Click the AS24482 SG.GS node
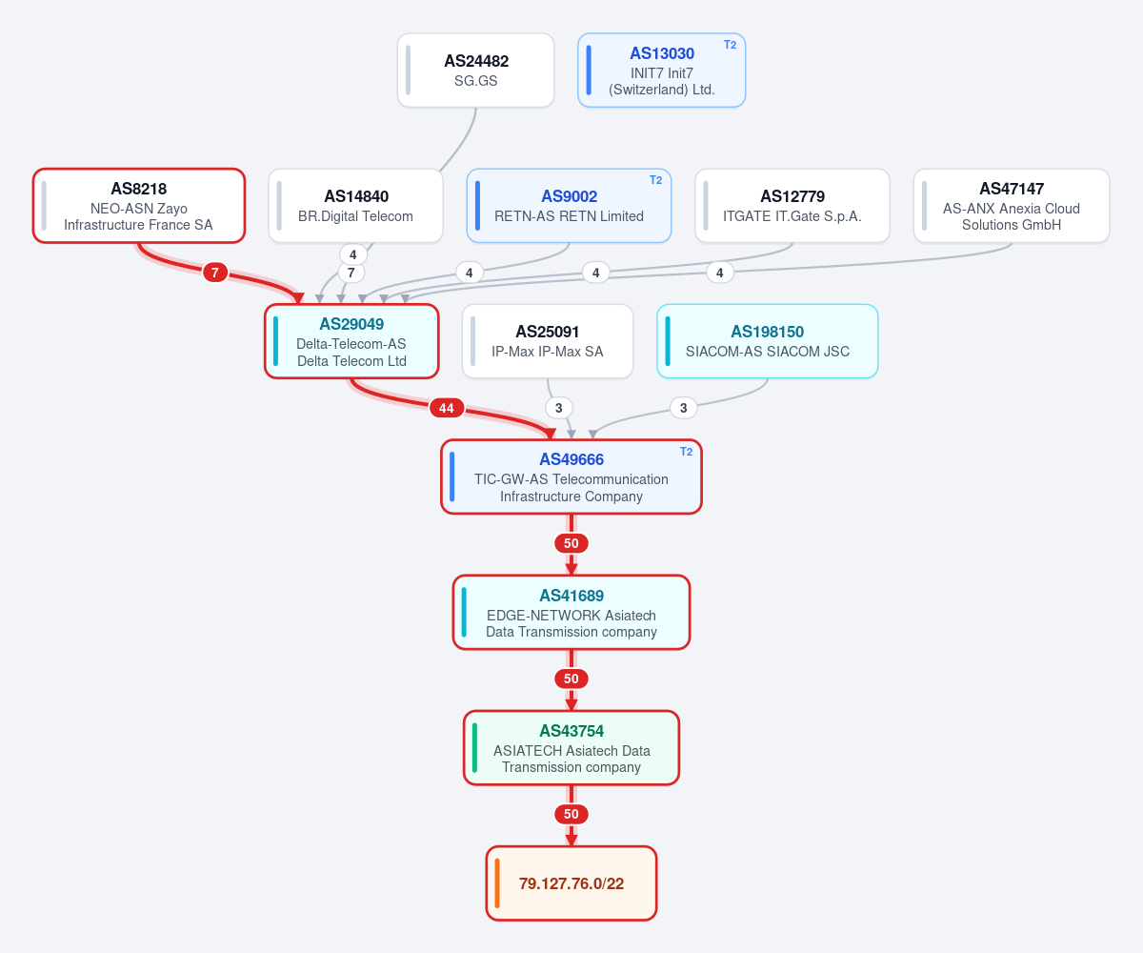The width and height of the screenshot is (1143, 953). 475,71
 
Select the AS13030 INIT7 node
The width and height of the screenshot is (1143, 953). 661,71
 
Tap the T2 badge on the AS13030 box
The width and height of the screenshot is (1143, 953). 730,45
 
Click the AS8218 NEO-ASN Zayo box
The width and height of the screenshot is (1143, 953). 138,206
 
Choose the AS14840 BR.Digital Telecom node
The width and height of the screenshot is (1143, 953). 356,206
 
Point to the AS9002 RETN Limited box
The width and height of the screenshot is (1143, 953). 569,206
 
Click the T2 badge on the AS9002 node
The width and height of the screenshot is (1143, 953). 656,180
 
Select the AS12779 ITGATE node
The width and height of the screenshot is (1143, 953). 792,206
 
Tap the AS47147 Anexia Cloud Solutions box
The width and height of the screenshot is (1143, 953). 1012,206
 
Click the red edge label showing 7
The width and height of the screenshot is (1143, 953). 215,273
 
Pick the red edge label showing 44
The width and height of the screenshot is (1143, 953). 447,408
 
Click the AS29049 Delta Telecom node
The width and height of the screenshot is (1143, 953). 351,341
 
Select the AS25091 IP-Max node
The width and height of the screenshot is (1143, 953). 548,341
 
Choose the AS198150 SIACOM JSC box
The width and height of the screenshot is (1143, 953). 768,341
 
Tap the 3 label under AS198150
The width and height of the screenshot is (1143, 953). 683,408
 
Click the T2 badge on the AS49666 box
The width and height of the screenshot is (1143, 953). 687,452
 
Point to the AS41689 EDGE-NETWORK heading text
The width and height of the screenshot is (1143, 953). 571,596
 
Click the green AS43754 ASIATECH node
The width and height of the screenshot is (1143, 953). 571,747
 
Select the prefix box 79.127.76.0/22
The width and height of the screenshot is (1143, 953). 571,883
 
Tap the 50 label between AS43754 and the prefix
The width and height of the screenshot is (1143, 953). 571,815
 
